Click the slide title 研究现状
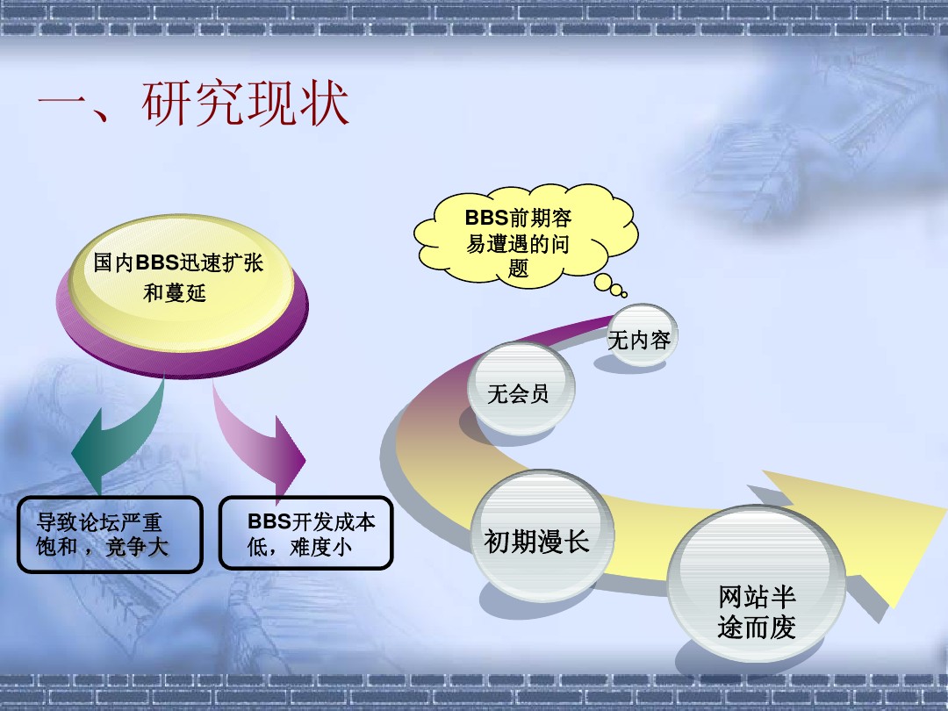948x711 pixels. pos(246,103)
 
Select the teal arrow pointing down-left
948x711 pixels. pos(118,434)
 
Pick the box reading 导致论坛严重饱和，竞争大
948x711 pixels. pos(110,535)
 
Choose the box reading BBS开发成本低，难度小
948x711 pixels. pos(306,534)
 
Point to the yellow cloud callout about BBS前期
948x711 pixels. pos(525,236)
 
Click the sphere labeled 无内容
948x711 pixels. pos(642,334)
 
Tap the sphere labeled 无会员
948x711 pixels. pos(521,388)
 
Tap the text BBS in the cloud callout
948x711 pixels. pos(486,218)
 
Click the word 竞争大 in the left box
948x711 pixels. pos(137,547)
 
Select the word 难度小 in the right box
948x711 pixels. pos(321,547)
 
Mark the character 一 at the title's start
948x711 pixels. pos(61,101)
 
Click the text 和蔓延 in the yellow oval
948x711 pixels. pos(175,293)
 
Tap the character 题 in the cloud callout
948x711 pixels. pos(518,269)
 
